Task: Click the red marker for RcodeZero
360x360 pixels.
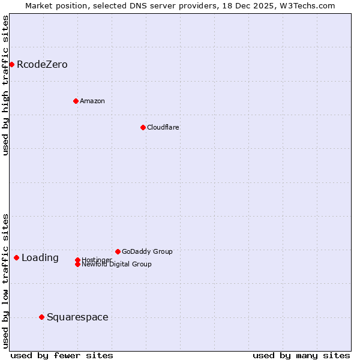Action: tap(11, 64)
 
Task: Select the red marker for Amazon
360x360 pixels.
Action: tap(76, 101)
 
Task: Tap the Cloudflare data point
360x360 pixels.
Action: tap(143, 127)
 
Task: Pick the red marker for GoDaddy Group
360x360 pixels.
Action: tap(118, 251)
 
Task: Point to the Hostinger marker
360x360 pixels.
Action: tap(77, 260)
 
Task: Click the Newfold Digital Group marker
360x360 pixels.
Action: tap(77, 264)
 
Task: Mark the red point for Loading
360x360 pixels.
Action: tap(16, 257)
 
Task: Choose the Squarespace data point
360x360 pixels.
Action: tap(41, 317)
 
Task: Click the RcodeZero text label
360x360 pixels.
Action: tap(42, 64)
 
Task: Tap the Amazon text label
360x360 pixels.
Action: tap(92, 101)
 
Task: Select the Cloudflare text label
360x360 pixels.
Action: tap(163, 127)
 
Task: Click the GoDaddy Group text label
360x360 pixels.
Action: tap(147, 251)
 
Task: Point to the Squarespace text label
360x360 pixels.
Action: tap(77, 317)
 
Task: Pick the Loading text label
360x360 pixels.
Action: tap(40, 258)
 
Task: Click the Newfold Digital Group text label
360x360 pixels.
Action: tap(117, 265)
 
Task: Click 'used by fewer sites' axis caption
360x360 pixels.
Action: tap(62, 355)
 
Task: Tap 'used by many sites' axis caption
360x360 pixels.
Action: tap(301, 355)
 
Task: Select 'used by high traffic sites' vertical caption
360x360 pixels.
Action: tap(5, 85)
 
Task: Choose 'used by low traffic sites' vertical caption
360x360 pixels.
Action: tap(5, 280)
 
